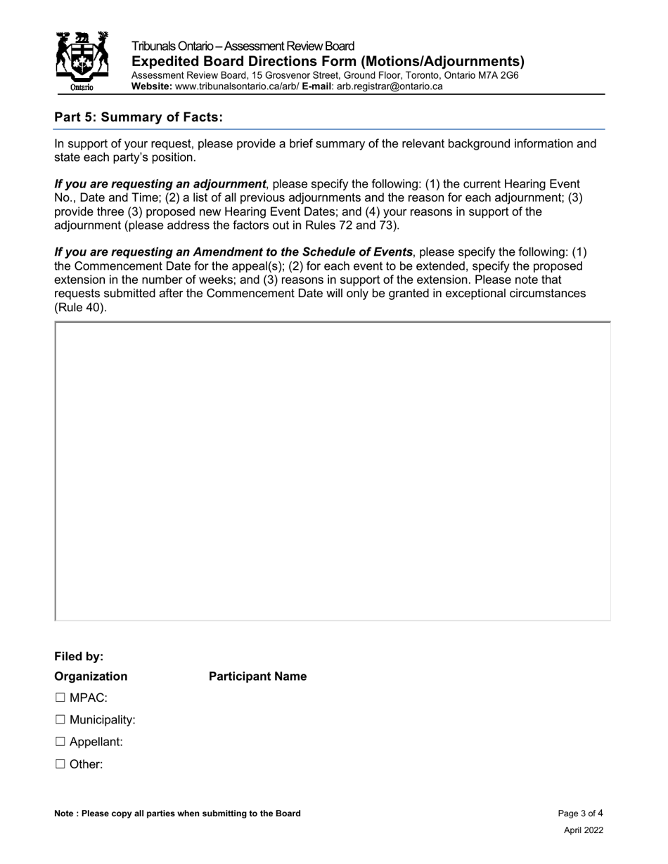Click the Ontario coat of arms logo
click(x=82, y=62)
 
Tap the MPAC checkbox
click(x=60, y=698)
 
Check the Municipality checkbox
click(x=60, y=720)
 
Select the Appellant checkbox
click(x=60, y=742)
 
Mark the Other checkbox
click(x=60, y=764)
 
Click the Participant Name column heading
click(x=257, y=676)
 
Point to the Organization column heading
click(x=91, y=676)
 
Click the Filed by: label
click(x=79, y=657)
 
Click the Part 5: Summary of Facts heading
click(x=139, y=117)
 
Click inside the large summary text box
click(x=333, y=471)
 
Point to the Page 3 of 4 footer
click(x=580, y=813)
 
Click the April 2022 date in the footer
click(x=583, y=830)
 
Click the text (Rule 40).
click(x=80, y=307)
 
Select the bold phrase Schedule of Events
click(x=360, y=252)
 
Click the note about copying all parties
click(x=177, y=813)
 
